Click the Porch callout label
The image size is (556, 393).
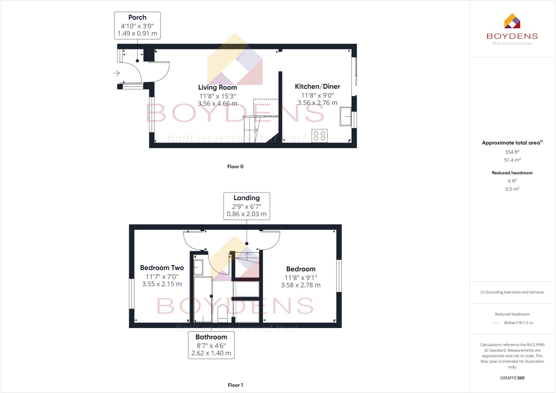(137, 25)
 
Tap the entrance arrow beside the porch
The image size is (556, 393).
(117, 73)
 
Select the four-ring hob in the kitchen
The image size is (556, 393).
(319, 136)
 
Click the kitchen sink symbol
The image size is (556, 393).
(345, 116)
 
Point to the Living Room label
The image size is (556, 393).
(217, 88)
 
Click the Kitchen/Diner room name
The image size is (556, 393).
(317, 86)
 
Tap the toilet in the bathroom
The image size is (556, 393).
(223, 313)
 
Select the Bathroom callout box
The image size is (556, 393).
(211, 345)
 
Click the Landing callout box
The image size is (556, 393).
(247, 206)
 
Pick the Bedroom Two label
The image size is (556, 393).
(162, 268)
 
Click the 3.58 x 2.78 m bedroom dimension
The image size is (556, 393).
(301, 285)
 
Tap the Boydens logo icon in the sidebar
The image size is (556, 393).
(512, 21)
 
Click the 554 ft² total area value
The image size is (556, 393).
(512, 152)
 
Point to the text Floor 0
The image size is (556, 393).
(235, 167)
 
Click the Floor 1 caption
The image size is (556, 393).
(235, 385)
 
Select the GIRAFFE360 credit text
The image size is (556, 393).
(512, 378)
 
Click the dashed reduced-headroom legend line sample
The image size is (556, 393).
(496, 323)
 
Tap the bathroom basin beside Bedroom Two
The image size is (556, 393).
(198, 267)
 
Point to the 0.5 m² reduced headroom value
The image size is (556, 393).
(512, 189)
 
